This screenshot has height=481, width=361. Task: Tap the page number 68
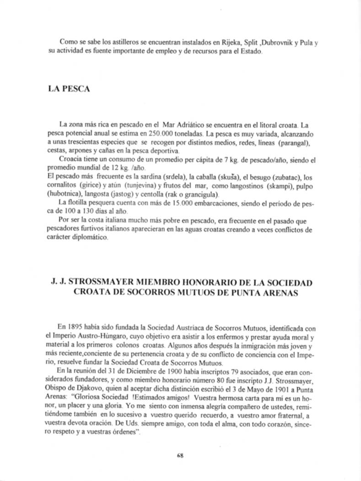(x=180, y=455)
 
